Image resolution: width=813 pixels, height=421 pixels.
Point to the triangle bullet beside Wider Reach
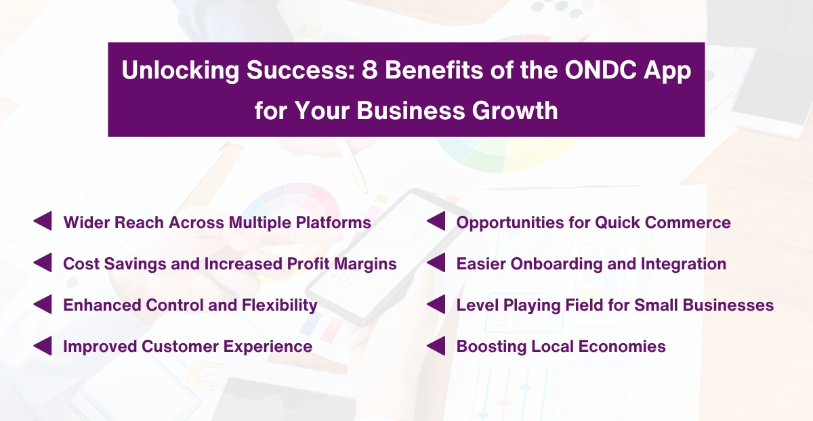coord(43,222)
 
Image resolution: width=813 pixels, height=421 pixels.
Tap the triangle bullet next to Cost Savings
coord(43,263)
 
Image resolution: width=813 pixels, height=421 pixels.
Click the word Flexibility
coord(279,305)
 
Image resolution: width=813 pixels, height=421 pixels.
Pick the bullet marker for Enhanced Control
coord(43,305)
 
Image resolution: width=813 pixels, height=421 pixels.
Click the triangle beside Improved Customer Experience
coord(43,346)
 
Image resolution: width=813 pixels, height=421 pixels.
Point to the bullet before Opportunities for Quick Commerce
coord(436,222)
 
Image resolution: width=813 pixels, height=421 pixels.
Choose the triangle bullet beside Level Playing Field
coord(436,305)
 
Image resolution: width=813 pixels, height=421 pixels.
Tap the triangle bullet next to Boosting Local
coord(436,346)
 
